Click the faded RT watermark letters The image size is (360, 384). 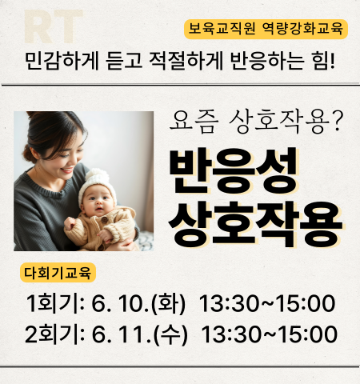click(54, 26)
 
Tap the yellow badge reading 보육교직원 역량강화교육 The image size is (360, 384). click(266, 29)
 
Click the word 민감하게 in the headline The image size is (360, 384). click(62, 62)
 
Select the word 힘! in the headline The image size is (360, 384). click(323, 62)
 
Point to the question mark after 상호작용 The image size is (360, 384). click(338, 122)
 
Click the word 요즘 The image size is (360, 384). click(194, 122)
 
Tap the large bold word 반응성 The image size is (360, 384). click(233, 171)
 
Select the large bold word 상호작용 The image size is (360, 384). click(255, 224)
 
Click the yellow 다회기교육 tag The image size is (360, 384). click(58, 273)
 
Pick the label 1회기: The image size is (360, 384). click(55, 303)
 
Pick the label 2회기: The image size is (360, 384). click(54, 334)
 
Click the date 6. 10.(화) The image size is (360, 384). click(138, 303)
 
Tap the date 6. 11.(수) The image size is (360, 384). click(139, 334)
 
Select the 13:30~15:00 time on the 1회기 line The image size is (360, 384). click(267, 303)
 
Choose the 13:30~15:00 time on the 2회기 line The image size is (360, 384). click(270, 334)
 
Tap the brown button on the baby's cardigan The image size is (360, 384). click(105, 220)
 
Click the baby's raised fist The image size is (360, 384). click(70, 223)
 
